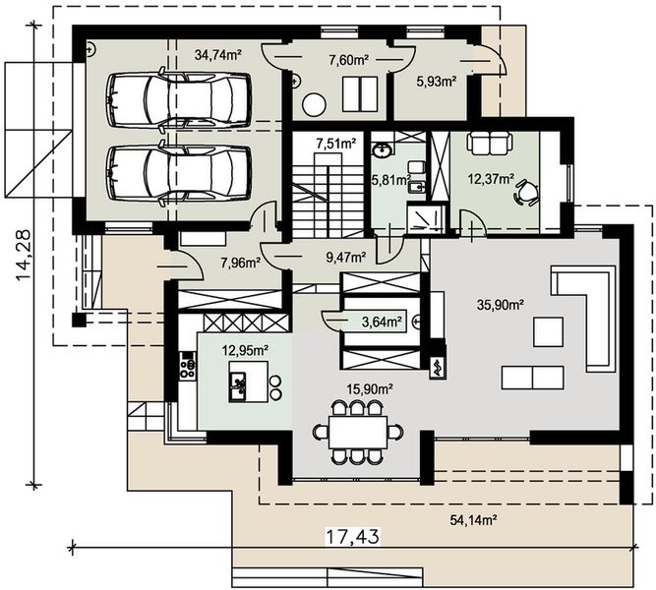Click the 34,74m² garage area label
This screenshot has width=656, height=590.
coord(218,55)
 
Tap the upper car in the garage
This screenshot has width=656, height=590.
coord(179,98)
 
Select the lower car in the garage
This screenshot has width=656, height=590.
coord(179,172)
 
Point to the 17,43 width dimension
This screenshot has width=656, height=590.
coord(353,537)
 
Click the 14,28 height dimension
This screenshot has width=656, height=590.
coord(24,256)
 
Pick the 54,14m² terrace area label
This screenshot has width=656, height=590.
coord(473,520)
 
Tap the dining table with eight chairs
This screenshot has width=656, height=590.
coord(358,432)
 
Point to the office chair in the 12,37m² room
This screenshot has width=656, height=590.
coord(527,192)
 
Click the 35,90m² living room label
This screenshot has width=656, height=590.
coord(501,305)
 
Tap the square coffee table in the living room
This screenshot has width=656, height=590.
coord(548,331)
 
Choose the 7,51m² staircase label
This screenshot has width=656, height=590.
coord(336,144)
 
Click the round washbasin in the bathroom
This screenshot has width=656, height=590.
coord(383,150)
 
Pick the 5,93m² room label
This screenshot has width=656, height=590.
coord(436,82)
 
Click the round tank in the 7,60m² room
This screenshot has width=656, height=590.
coord(314,104)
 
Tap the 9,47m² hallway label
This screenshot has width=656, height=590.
coord(346,256)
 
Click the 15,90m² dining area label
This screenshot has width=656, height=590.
coord(370,389)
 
